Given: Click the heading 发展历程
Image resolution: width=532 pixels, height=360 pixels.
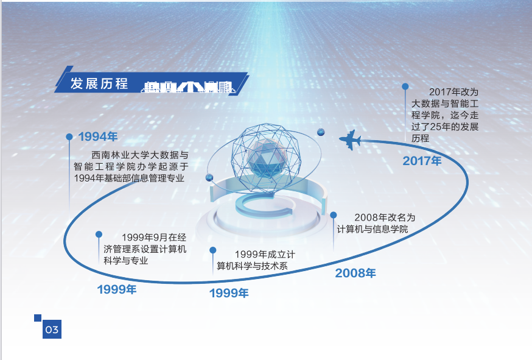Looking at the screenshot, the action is click(x=99, y=83).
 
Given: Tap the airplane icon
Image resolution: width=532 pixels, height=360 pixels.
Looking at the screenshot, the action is click(x=350, y=139).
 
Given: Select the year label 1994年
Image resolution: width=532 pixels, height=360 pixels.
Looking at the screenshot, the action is click(x=98, y=136).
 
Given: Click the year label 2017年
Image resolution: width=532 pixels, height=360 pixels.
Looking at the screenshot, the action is click(x=422, y=161).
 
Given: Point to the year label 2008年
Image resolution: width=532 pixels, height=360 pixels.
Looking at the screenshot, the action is click(x=355, y=273).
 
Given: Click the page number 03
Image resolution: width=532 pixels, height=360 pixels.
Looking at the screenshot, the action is click(x=52, y=330).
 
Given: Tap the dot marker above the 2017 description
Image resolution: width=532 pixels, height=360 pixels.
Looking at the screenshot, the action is click(x=405, y=86).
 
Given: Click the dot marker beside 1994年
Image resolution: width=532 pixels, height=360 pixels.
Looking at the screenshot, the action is click(x=69, y=136).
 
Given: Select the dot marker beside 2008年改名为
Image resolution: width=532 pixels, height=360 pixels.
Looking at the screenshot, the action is click(x=333, y=215).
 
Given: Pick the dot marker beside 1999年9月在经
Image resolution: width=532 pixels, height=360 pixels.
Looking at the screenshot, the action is click(x=99, y=235).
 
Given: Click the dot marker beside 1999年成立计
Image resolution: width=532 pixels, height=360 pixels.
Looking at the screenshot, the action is click(x=212, y=250).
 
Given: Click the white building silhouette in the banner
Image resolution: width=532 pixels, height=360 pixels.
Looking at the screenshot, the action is click(x=189, y=87).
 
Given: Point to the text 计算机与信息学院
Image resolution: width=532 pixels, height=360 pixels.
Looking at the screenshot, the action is click(x=372, y=229).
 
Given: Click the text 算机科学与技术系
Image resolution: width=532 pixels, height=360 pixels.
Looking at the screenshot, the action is click(x=252, y=266).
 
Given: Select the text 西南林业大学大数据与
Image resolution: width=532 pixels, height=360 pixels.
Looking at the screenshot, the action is click(x=140, y=155).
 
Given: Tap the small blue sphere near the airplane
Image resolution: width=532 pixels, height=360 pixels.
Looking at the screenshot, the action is click(x=321, y=132).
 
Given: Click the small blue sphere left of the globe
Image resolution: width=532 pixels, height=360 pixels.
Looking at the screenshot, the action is click(x=209, y=177).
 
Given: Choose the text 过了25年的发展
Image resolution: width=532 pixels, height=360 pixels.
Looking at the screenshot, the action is click(x=445, y=127).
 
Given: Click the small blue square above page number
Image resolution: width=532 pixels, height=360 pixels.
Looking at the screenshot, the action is click(x=38, y=318).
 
